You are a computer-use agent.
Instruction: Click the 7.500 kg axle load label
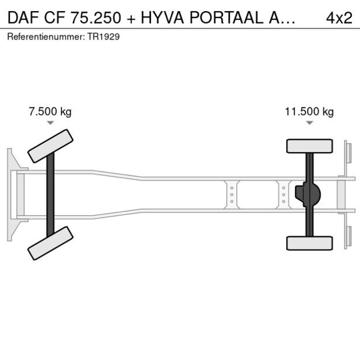(x=50, y=111)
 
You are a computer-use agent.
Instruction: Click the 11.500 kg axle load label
(x=309, y=111)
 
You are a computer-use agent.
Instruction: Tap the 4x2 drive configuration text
(x=339, y=17)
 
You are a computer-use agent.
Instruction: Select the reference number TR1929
(x=103, y=37)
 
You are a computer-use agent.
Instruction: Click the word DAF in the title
(x=24, y=17)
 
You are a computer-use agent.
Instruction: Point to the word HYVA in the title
(x=163, y=17)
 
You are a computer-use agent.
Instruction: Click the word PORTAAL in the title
(x=226, y=17)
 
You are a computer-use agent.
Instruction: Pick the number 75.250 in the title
(x=95, y=17)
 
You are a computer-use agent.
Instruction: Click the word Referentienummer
(x=46, y=37)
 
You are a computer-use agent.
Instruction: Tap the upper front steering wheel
(x=51, y=146)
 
